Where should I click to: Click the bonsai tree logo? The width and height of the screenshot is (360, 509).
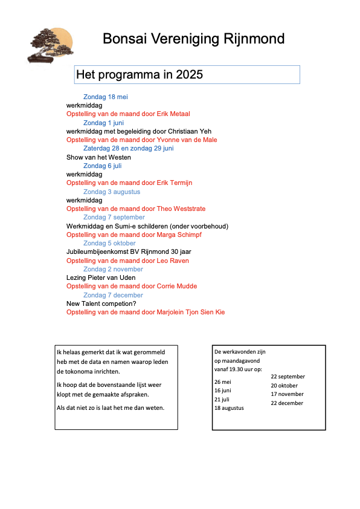click(51, 46)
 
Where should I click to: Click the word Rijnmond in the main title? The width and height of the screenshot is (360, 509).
click(254, 39)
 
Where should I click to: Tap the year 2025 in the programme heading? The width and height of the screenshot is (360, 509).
click(189, 75)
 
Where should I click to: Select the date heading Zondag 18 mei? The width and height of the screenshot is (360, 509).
click(106, 97)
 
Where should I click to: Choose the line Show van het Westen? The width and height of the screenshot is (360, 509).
click(98, 157)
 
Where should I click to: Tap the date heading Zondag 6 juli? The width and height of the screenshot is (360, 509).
click(103, 166)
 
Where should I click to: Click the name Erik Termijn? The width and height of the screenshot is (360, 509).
click(175, 183)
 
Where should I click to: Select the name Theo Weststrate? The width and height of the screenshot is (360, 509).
click(181, 209)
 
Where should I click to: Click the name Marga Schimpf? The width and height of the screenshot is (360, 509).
click(179, 235)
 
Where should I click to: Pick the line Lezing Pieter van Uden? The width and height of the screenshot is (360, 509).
click(101, 277)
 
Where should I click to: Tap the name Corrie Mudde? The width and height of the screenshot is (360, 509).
click(177, 286)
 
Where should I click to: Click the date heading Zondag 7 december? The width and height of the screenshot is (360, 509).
click(113, 295)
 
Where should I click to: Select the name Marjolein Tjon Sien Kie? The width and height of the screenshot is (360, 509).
click(191, 312)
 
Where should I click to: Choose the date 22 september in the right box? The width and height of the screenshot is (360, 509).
click(288, 377)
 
